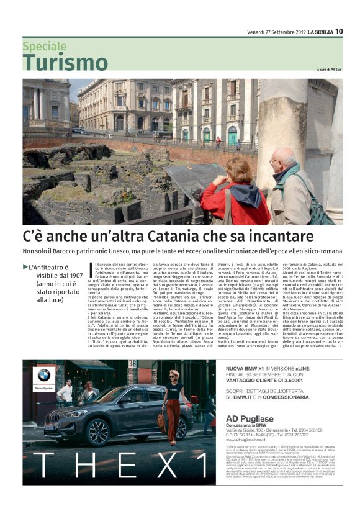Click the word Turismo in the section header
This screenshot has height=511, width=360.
pyautogui.click(x=65, y=63)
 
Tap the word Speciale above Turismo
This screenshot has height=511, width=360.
pyautogui.click(x=45, y=47)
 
